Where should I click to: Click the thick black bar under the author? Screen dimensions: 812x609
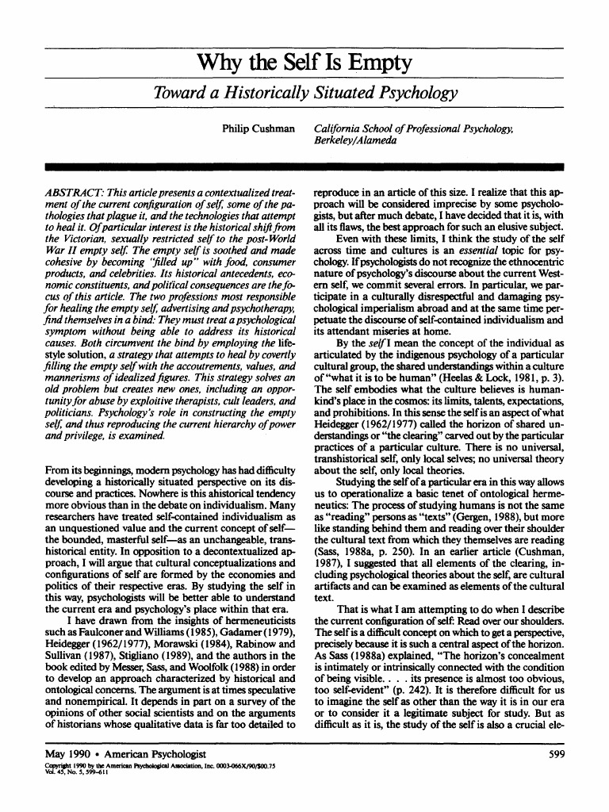coord(304,167)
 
